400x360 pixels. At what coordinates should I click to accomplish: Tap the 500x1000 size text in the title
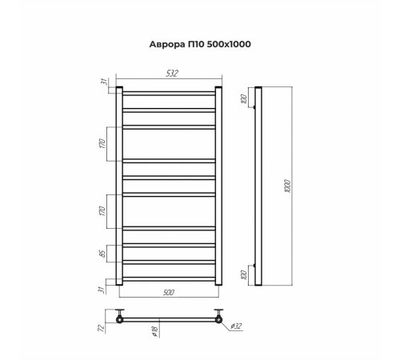pyautogui.click(x=228, y=44)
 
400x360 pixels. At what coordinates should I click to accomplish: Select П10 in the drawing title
pyautogui.click(x=195, y=44)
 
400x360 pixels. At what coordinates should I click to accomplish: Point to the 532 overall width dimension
pyautogui.click(x=171, y=74)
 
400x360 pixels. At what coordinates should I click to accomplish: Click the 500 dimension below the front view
pyautogui.click(x=169, y=293)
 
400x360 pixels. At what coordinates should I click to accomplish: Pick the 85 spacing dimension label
pyautogui.click(x=102, y=254)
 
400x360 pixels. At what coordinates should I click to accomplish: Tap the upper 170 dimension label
pyautogui.click(x=102, y=143)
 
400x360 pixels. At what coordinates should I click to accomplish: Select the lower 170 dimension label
pyautogui.click(x=102, y=211)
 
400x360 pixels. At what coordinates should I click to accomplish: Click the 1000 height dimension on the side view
pyautogui.click(x=287, y=186)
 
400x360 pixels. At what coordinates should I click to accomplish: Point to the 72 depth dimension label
pyautogui.click(x=102, y=328)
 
